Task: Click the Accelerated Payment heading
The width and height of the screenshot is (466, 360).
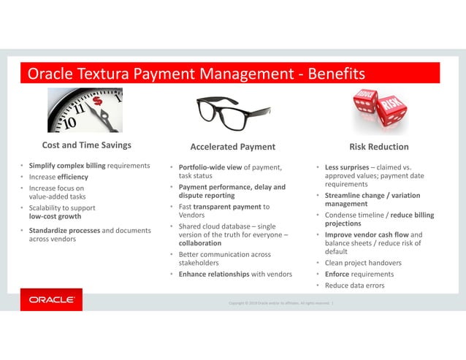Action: click(x=232, y=146)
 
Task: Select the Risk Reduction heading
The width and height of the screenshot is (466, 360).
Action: click(x=379, y=146)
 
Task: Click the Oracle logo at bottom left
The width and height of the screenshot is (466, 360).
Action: click(x=51, y=299)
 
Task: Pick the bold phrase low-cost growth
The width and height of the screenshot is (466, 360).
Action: click(x=55, y=217)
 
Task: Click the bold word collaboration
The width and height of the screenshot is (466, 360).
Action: click(x=201, y=243)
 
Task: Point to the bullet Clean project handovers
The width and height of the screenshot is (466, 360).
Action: click(x=363, y=263)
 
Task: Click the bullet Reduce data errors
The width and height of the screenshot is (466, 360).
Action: click(x=354, y=285)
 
